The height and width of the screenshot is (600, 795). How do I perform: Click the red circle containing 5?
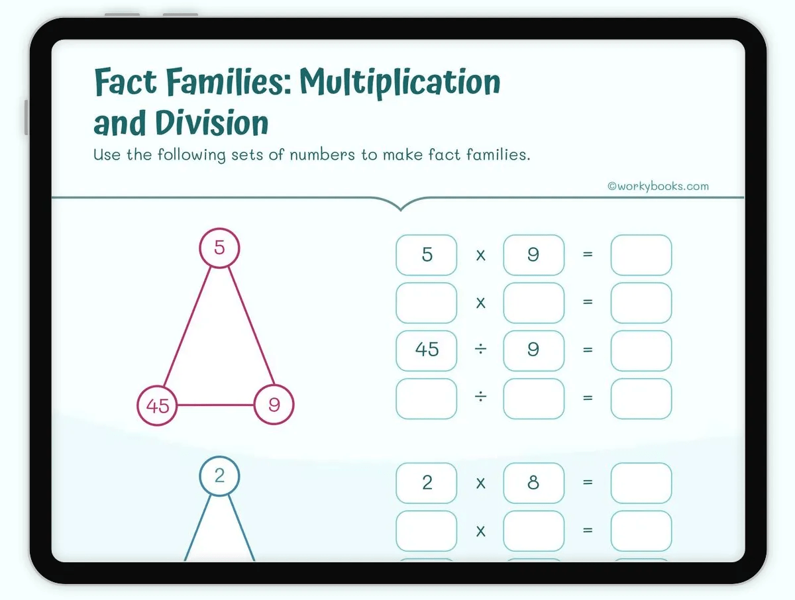pyautogui.click(x=219, y=248)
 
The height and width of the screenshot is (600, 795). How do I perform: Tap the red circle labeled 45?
pyautogui.click(x=158, y=405)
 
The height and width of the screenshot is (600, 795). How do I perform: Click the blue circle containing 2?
pyautogui.click(x=219, y=475)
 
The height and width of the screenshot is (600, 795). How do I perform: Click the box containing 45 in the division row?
pyautogui.click(x=427, y=350)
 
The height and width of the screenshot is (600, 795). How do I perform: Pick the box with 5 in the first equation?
pyautogui.click(x=427, y=255)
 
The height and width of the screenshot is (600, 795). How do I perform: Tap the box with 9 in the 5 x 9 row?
pyautogui.click(x=533, y=255)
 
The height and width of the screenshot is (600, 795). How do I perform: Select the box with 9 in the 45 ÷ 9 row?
pyautogui.click(x=533, y=350)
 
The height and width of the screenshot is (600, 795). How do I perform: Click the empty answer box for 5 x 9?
pyautogui.click(x=641, y=255)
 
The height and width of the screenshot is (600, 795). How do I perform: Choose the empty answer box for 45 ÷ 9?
pyautogui.click(x=641, y=350)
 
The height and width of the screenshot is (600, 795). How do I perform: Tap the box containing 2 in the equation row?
pyautogui.click(x=427, y=483)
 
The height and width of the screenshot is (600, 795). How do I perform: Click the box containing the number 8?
pyautogui.click(x=533, y=483)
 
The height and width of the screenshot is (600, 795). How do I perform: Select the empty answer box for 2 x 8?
pyautogui.click(x=641, y=483)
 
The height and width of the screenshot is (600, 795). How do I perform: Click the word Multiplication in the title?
pyautogui.click(x=400, y=82)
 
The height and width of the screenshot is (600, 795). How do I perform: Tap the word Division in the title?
pyautogui.click(x=212, y=123)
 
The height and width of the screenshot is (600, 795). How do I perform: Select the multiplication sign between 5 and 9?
pyautogui.click(x=481, y=255)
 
